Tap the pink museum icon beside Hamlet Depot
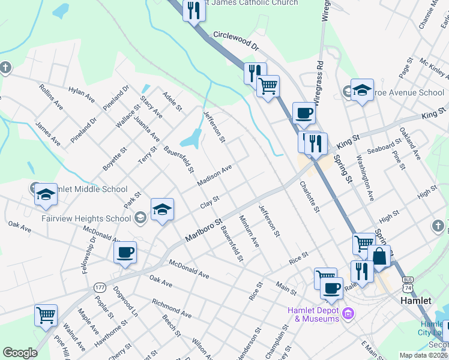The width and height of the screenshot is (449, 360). (x=348, y=313)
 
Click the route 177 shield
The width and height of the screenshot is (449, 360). (x=100, y=288)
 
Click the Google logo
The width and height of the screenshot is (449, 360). (x=20, y=353)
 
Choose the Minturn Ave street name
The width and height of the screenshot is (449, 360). (x=249, y=232)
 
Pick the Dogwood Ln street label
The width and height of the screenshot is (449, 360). (x=126, y=304)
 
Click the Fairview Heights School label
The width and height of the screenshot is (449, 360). (x=86, y=218)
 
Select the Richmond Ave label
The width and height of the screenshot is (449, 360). (x=172, y=308)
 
